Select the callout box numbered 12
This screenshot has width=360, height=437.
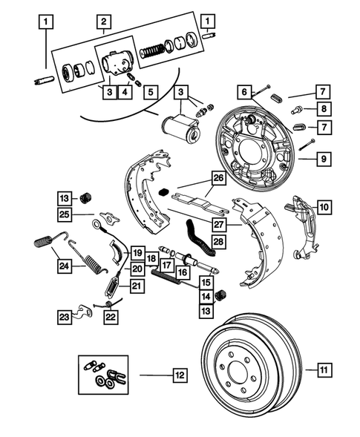[x=178, y=376]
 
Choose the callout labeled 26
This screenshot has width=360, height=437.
[x=217, y=178]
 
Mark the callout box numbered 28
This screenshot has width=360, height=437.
[x=217, y=242]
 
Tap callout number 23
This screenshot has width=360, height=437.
[x=65, y=317]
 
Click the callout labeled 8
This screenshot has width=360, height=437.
[x=323, y=109]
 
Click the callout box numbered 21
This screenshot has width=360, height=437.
[x=137, y=286]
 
